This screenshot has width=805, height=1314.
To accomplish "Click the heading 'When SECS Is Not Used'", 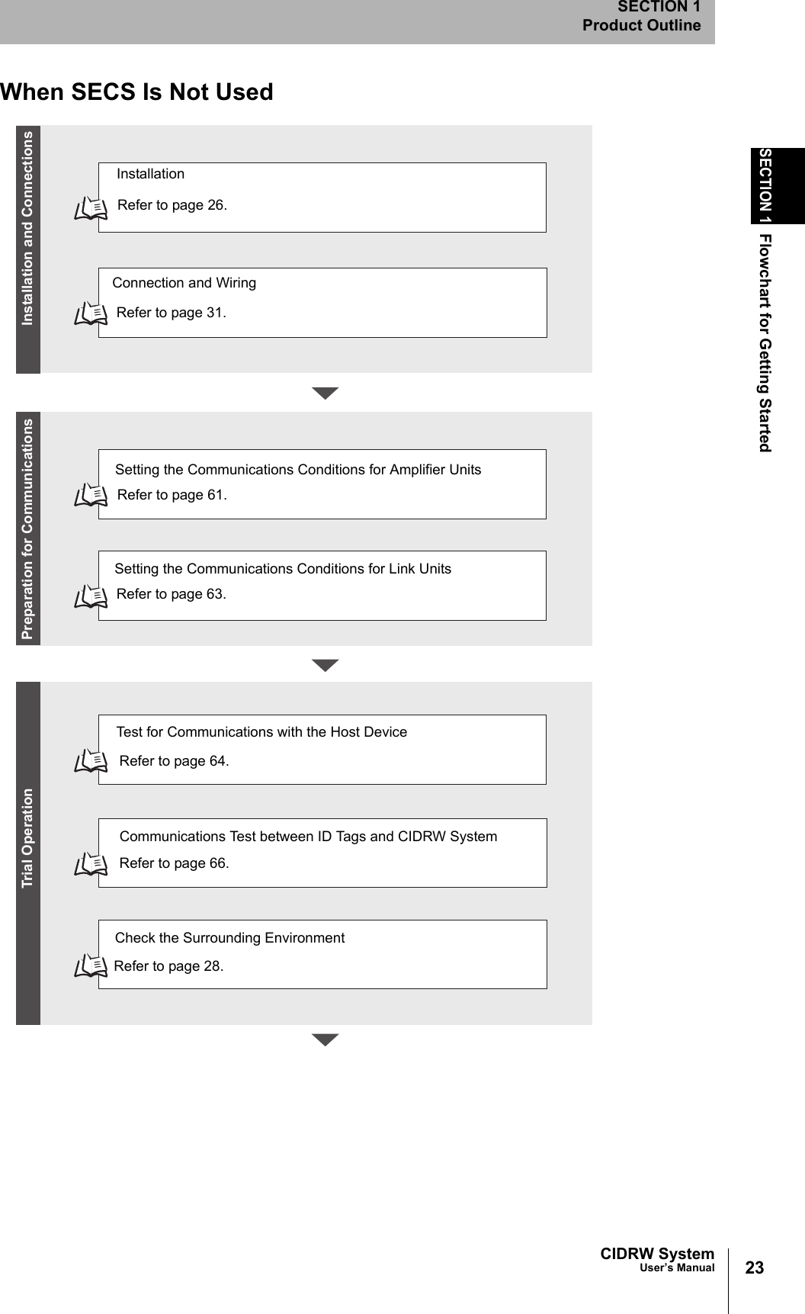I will pos(136,92).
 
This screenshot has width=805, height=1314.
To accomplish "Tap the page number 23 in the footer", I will pos(754,1267).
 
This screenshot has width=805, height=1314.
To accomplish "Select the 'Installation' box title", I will pos(150,174).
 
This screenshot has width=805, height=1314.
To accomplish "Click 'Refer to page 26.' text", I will pos(172,205).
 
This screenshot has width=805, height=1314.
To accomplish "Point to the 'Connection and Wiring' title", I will pos(184,283).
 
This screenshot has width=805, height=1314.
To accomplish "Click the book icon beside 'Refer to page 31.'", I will pos(91,313).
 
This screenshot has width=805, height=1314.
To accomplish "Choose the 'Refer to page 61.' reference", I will pos(172,495).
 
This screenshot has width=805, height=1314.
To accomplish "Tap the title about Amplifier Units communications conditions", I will pos(297,470).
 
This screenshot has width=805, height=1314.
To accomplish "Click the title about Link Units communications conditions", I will pos(282,569).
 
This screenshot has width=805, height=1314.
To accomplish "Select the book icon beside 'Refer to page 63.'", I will pos(91,596).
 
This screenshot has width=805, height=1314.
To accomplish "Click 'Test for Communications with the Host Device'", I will pos(261,732).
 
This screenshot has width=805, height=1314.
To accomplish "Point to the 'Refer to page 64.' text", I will pos(174,761).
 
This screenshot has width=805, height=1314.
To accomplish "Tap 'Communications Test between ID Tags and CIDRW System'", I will pos(308,837).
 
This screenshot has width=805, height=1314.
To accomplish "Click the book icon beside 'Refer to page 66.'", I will pos(91,865).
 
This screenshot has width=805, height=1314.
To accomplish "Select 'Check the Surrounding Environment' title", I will pos(229,938).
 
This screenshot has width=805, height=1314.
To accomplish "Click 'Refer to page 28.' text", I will pos(168,966).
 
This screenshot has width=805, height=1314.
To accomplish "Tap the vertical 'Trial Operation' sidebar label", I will pos(28,838).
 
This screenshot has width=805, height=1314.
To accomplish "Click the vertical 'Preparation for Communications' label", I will pos(28,528).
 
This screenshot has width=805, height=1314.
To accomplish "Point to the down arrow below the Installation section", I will pos(326,394).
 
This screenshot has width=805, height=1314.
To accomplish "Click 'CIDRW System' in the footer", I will pos(657,1254).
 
